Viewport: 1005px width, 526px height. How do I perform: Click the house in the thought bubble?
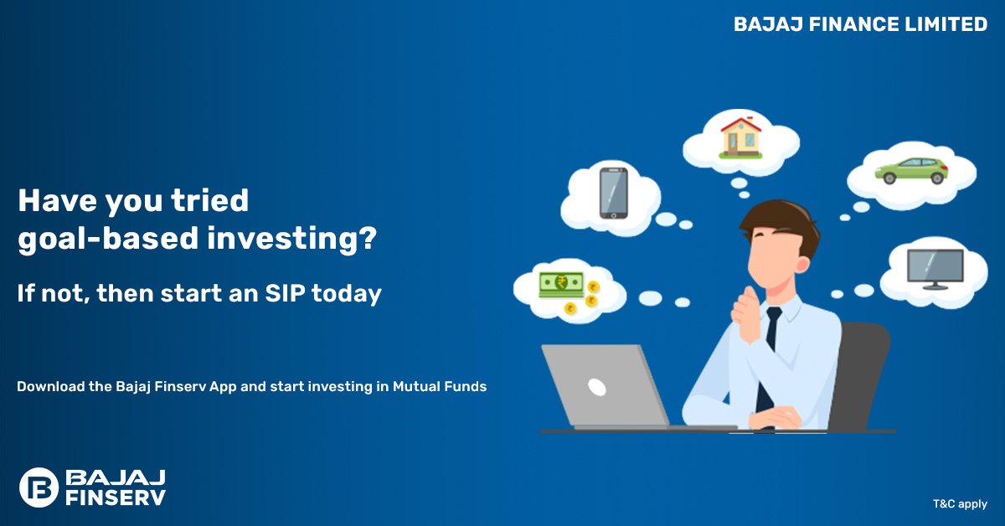coord(740,138)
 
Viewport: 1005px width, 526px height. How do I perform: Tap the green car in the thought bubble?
coord(911,171)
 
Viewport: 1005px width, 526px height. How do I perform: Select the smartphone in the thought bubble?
coord(614,193)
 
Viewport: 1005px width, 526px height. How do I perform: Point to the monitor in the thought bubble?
coord(935,269)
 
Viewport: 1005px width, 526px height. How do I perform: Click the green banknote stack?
coord(561,285)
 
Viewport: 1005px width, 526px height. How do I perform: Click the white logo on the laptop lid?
coord(597,387)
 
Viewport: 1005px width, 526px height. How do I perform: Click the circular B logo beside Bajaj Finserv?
coord(39,487)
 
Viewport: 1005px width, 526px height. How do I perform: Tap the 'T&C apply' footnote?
coord(960,504)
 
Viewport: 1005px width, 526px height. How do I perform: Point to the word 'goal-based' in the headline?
coord(108,239)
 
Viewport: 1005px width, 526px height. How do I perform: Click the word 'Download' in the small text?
coord(51,386)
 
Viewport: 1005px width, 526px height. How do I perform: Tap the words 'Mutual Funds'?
coord(440,386)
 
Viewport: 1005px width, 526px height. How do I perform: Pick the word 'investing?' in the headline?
coord(292,239)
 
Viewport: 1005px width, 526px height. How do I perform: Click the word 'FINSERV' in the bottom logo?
coord(116,498)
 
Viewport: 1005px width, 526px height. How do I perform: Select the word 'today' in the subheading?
coord(347,294)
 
